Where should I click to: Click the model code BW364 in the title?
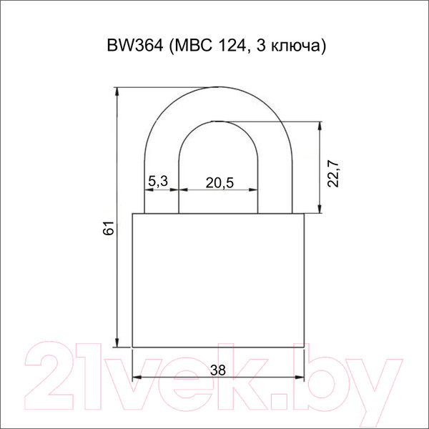pyautogui.click(x=135, y=46)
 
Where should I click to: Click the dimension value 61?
pyautogui.click(x=109, y=227)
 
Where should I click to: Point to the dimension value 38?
pyautogui.click(x=218, y=370)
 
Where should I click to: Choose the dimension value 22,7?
pyautogui.click(x=333, y=174)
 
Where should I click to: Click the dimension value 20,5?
pyautogui.click(x=220, y=183)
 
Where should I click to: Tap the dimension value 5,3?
pyautogui.click(x=158, y=181)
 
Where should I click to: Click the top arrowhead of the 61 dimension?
pyautogui.click(x=117, y=92)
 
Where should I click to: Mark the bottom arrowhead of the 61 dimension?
pyautogui.click(x=117, y=342)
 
